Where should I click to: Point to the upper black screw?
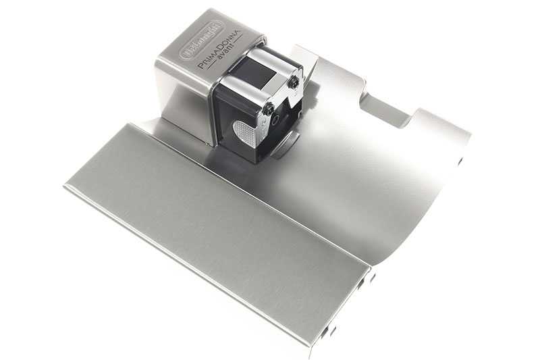click(295, 82)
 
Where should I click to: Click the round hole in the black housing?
click(275, 120)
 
